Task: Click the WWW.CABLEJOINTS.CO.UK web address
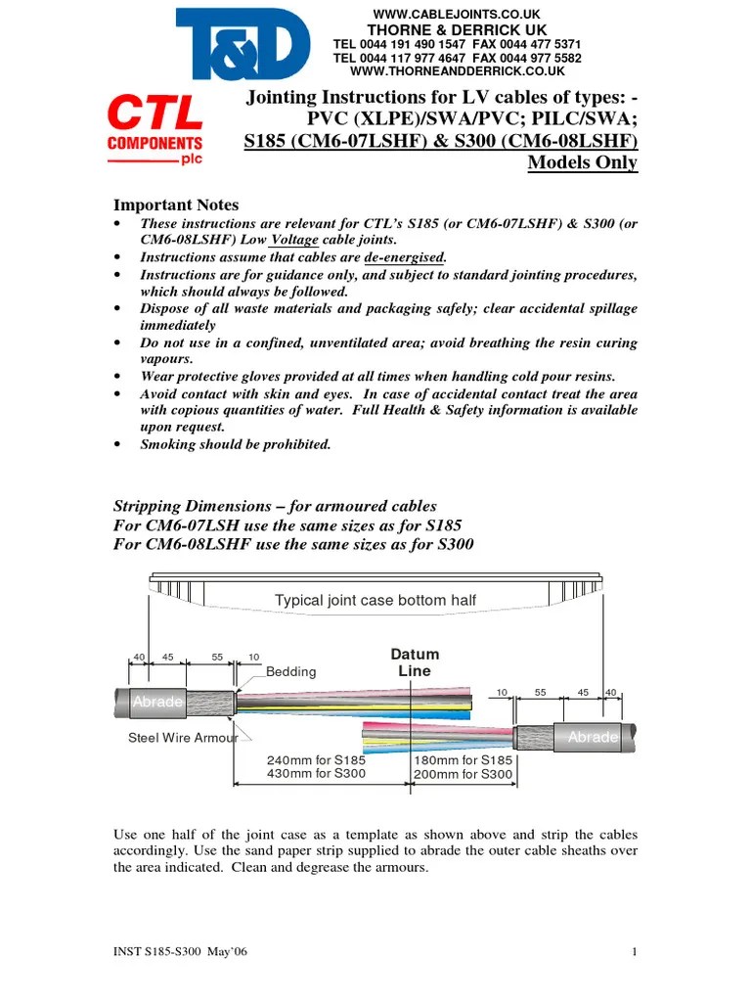458,13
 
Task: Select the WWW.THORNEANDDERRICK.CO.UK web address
458,71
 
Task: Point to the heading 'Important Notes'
176,205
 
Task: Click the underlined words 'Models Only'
583,161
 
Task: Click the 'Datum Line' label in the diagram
415,662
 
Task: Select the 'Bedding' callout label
291,671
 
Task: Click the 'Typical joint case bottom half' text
375,600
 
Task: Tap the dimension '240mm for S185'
316,760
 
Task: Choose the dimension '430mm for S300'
316,774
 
